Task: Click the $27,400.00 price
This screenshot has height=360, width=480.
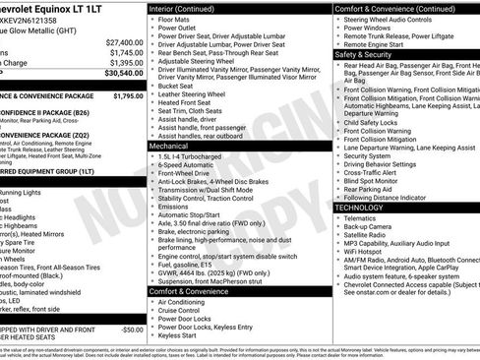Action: coord(124,43)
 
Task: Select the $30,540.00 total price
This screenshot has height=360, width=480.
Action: coord(124,73)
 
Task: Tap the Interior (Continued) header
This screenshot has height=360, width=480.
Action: coord(189,8)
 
